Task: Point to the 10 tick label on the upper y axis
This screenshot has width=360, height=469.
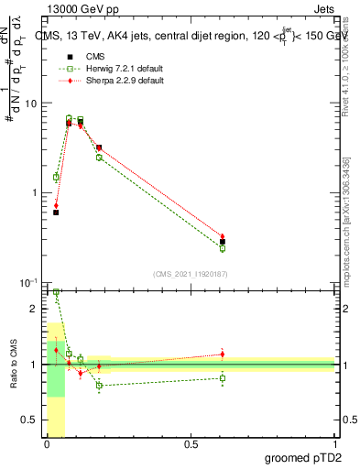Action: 30,103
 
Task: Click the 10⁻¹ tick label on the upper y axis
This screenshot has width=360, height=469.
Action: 28,282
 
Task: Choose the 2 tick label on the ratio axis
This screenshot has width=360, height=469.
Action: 34,309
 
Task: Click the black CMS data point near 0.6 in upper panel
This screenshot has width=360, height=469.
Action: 223,242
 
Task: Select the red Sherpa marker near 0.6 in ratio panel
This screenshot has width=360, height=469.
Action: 223,354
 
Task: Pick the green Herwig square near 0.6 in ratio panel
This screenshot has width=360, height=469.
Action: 223,377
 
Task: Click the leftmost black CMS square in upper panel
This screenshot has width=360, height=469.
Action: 56,213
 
